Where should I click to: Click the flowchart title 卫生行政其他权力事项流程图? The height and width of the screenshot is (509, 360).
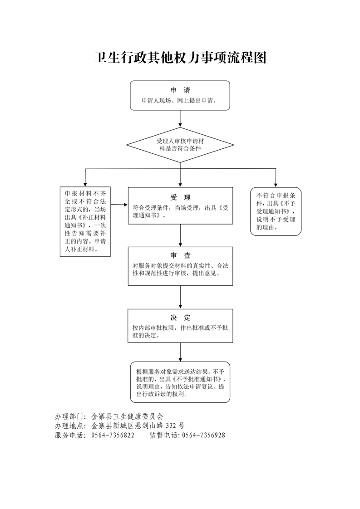tap(180, 58)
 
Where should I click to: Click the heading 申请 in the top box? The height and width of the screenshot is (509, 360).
tap(180, 90)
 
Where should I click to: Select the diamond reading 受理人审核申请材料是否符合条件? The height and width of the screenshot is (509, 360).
tap(180, 145)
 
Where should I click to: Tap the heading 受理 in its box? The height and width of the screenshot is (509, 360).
tap(180, 197)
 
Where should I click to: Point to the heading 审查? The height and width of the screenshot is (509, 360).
tap(180, 255)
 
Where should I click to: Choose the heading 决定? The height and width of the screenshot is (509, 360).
tap(180, 318)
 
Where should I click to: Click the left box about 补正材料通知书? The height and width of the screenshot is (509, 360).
tap(85, 222)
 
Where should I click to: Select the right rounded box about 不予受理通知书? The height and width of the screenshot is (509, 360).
tap(276, 211)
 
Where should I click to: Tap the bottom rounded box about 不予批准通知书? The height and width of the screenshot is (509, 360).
tap(180, 382)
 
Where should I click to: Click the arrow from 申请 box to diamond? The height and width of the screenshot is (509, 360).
tap(180, 118)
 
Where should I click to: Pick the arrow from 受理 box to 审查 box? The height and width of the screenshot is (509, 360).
tap(180, 235)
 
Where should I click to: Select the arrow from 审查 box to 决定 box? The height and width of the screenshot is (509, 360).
tap(180, 297)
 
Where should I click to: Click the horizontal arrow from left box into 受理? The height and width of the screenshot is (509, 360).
tap(119, 205)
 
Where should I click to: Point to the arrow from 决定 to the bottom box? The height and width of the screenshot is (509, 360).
tap(180, 352)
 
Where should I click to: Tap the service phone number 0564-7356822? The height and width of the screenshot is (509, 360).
tap(113, 436)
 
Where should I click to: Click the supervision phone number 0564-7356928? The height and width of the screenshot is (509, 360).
tap(203, 436)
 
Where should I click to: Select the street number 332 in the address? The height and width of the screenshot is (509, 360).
tap(171, 426)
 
